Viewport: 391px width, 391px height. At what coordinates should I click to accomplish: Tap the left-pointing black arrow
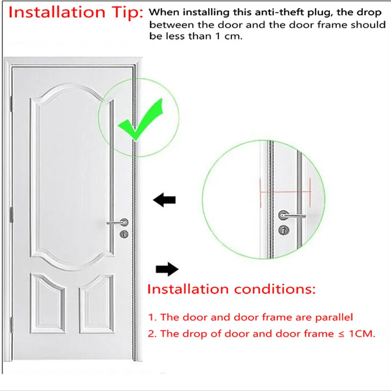pos(164,200)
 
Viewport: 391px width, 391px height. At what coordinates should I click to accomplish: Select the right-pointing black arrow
pos(167,269)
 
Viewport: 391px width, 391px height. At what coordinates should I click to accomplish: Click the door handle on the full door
pos(118,222)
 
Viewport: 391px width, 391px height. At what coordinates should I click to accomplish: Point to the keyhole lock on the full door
pos(124,234)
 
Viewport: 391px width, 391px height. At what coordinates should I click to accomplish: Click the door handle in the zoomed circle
pos(291,216)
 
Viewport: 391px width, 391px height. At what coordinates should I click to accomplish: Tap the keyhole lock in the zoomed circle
pos(284,230)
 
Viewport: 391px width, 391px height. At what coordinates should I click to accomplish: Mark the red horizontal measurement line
pos(285,192)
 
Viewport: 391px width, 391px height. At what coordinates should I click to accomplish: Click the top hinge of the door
pos(11,104)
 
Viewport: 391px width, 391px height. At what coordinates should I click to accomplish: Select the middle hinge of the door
pos(11,215)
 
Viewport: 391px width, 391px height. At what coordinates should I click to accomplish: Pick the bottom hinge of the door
pos(11,325)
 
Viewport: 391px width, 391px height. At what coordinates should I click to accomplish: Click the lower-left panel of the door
pos(47,304)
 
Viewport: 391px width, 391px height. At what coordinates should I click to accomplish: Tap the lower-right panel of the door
pos(96,304)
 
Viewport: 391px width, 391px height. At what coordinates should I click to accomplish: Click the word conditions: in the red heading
pos(275,289)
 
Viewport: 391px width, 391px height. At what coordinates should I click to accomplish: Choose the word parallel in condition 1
pos(334,317)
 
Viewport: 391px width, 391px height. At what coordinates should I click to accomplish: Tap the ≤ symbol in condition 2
pos(341,334)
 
